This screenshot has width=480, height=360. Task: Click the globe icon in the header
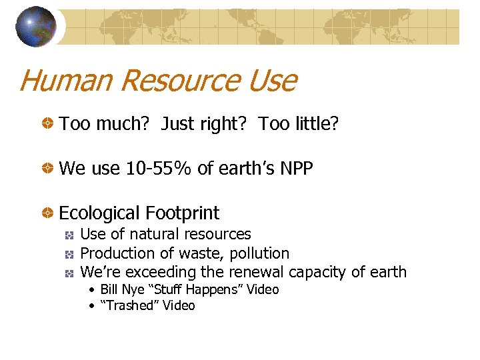pyautogui.click(x=35, y=27)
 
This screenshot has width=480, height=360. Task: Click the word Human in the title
pyautogui.click(x=66, y=81)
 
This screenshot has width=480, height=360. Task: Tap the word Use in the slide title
pyautogui.click(x=273, y=81)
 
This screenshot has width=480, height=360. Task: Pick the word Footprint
pyautogui.click(x=184, y=213)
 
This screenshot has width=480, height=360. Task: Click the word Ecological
pyautogui.click(x=99, y=213)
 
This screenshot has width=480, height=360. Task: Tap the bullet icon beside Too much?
pyautogui.click(x=48, y=125)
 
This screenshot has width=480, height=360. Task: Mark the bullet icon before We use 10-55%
pyautogui.click(x=48, y=169)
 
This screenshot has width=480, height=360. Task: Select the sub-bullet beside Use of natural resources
pyautogui.click(x=69, y=235)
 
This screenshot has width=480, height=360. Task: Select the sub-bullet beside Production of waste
pyautogui.click(x=69, y=254)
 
